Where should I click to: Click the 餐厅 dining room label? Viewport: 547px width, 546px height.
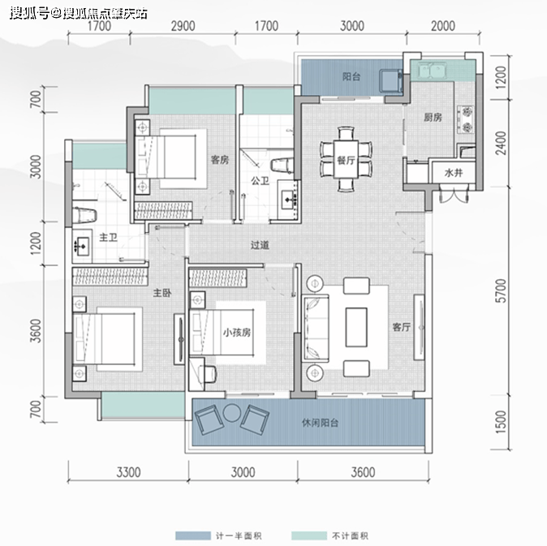pyautogui.click(x=346, y=161)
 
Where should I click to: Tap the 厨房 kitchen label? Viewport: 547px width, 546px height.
pyautogui.click(x=433, y=118)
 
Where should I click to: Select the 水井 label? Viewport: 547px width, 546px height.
pyautogui.click(x=454, y=173)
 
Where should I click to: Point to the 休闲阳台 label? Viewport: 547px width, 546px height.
pyautogui.click(x=320, y=423)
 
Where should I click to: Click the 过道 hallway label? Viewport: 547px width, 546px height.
pyautogui.click(x=260, y=245)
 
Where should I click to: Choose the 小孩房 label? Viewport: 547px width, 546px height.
pyautogui.click(x=237, y=333)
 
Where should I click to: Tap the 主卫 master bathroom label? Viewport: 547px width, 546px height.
pyautogui.click(x=108, y=238)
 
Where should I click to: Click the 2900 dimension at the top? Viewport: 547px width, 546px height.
pyautogui.click(x=183, y=26)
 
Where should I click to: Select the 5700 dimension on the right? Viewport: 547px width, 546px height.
pyautogui.click(x=501, y=290)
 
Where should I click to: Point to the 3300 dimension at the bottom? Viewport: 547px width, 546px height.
pyautogui.click(x=128, y=472)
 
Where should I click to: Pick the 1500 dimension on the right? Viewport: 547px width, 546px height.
pyautogui.click(x=501, y=422)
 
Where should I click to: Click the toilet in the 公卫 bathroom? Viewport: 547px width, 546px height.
pyautogui.click(x=282, y=165)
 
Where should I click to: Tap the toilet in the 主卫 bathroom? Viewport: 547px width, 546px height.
pyautogui.click(x=84, y=215)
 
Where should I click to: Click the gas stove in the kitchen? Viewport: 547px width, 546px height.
pyautogui.click(x=466, y=120)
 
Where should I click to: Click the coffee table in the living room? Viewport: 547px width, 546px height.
pyautogui.click(x=356, y=327)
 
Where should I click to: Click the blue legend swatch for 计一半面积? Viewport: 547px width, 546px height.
pyautogui.click(x=193, y=536)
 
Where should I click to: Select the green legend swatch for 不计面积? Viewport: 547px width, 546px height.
pyautogui.click(x=309, y=536)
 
